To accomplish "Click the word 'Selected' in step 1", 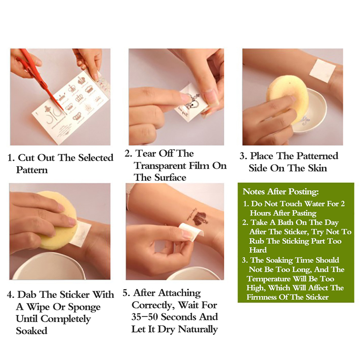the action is pyautogui.click(x=96, y=158).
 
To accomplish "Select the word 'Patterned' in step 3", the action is pyautogui.click(x=317, y=156).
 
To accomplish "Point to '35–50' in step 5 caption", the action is pyautogui.click(x=144, y=317).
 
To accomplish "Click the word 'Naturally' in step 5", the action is pyautogui.click(x=198, y=329).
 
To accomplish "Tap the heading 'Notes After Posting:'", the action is pyautogui.click(x=280, y=192).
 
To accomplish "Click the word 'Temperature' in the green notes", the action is pyautogui.click(x=269, y=279).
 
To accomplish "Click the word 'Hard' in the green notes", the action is pyautogui.click(x=258, y=250).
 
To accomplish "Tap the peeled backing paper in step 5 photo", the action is pyautogui.click(x=191, y=231).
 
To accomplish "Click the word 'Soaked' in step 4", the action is pyautogui.click(x=31, y=331).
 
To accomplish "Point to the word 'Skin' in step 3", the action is pyautogui.click(x=317, y=168).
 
